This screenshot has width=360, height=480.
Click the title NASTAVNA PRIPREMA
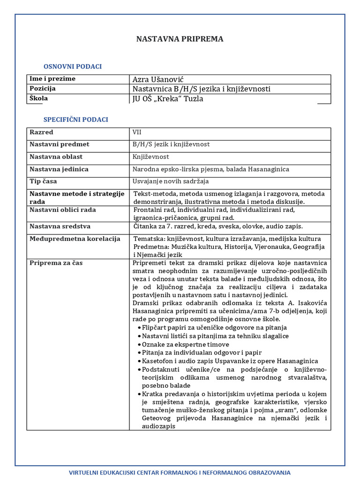click(x=180, y=39)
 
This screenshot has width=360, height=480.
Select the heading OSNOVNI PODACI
click(x=73, y=67)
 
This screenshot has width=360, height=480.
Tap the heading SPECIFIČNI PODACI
click(x=75, y=120)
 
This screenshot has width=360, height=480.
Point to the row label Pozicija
click(x=43, y=89)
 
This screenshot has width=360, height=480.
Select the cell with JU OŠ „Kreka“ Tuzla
click(x=168, y=99)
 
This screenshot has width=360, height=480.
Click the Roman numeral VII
click(x=137, y=133)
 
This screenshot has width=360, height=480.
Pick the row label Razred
click(x=41, y=133)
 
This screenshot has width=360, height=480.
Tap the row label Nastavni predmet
click(x=59, y=144)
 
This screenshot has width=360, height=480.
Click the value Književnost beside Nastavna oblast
click(x=151, y=157)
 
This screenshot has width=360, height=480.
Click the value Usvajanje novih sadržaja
click(x=171, y=181)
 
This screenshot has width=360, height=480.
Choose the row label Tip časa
click(x=44, y=181)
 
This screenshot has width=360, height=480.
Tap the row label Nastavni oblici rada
click(x=62, y=210)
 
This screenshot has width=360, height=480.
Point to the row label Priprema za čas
click(x=56, y=263)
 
